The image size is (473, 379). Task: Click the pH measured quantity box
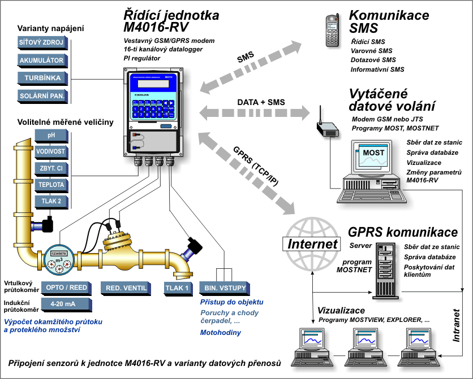coord(51,135)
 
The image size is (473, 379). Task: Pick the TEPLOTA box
coord(51,185)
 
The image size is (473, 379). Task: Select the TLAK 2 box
coord(51,201)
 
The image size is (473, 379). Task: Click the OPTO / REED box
coord(67,287)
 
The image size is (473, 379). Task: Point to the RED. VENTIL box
coord(126,287)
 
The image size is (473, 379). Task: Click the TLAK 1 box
coord(178,287)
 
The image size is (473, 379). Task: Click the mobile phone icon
coord(332,31)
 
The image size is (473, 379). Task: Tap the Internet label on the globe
coord(313,245)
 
